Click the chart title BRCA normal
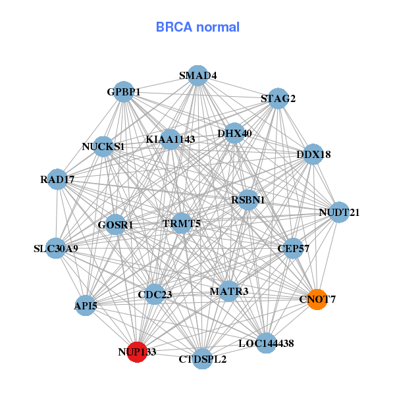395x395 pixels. [x=197, y=27]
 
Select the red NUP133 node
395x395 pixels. [x=137, y=352]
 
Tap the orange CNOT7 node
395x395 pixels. [x=317, y=300]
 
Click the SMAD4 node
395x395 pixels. [x=198, y=75]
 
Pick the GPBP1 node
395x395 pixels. [x=124, y=92]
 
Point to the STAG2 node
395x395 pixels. [x=278, y=99]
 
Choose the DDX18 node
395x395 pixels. [x=313, y=154]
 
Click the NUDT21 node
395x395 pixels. [x=339, y=212]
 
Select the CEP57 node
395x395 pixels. [x=294, y=248]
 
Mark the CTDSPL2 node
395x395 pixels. [x=202, y=359]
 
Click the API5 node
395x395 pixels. [x=86, y=305]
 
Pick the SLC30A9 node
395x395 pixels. [x=56, y=249]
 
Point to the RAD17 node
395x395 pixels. [x=57, y=179]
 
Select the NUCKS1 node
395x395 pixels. [x=103, y=146]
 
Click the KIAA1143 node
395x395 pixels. [x=170, y=139]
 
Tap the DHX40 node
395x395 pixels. [x=234, y=134]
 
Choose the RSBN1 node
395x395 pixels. [x=248, y=199]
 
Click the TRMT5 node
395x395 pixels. [x=182, y=223]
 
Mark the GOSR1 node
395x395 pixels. [x=115, y=224]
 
